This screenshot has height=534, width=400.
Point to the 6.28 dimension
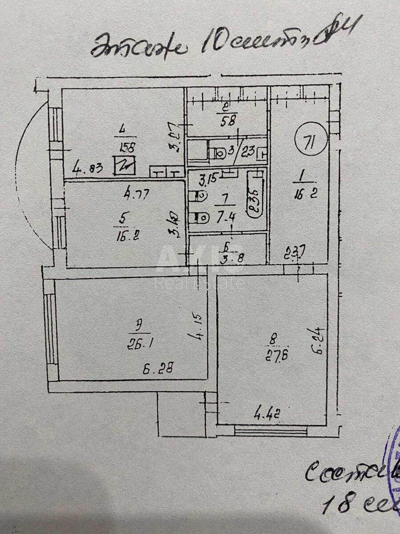click(x=158, y=368)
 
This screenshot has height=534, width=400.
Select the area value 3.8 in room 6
click(x=233, y=258)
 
